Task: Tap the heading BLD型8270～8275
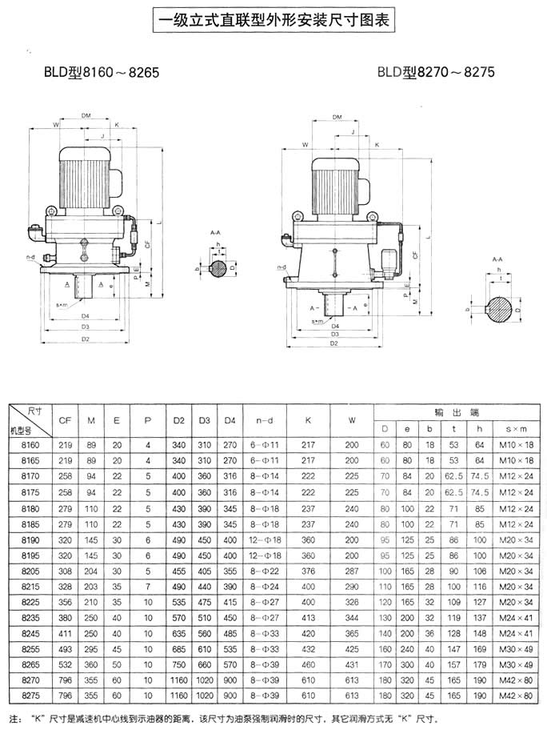[x=437, y=72]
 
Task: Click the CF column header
[x=65, y=419]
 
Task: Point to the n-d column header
[x=264, y=419]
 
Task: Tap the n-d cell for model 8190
[x=264, y=541]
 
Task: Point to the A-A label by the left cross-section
[x=215, y=232]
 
